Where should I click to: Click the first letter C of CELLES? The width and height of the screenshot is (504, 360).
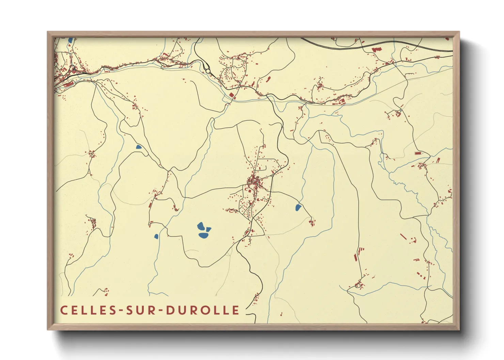click(63, 310)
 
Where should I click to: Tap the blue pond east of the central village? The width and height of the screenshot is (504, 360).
click(298, 207)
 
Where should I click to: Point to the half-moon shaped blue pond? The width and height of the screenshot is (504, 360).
click(139, 147)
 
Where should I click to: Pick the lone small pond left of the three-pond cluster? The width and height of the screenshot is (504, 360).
click(156, 236)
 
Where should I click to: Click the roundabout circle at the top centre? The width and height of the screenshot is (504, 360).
click(208, 71)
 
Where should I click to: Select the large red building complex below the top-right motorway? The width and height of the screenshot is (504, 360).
click(377, 50)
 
